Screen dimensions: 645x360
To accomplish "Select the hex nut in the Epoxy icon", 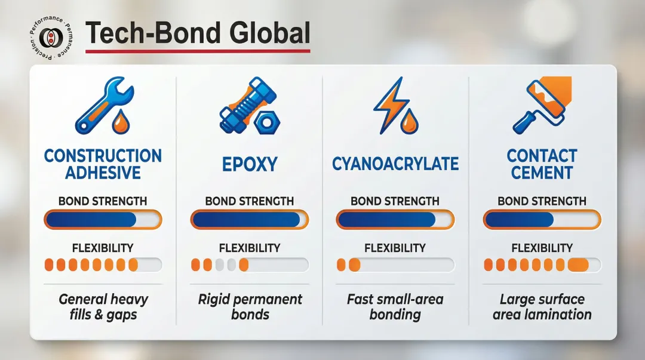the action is click(267, 122).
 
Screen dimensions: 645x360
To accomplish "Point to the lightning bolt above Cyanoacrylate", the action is click(391, 105).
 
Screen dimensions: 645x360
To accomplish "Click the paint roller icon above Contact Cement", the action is click(542, 105).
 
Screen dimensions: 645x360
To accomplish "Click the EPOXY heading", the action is click(250, 164).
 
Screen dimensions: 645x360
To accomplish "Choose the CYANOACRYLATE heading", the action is click(395, 164).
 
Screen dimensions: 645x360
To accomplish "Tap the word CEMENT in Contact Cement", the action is click(542, 173).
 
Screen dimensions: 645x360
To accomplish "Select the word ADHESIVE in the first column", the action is click(103, 173).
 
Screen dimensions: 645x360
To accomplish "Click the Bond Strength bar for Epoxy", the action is click(249, 219).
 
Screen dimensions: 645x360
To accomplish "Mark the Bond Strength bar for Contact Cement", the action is click(542, 219).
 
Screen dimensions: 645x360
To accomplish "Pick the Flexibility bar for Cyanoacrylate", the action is click(395, 264).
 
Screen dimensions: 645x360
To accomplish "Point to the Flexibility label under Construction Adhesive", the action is click(103, 248).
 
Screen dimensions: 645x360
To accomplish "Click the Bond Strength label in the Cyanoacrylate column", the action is click(395, 201).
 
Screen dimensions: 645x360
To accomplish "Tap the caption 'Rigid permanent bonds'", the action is click(250, 307).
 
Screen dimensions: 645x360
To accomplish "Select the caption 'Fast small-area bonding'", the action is click(395, 307).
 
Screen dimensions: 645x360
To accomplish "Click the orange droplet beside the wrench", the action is click(121, 121).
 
